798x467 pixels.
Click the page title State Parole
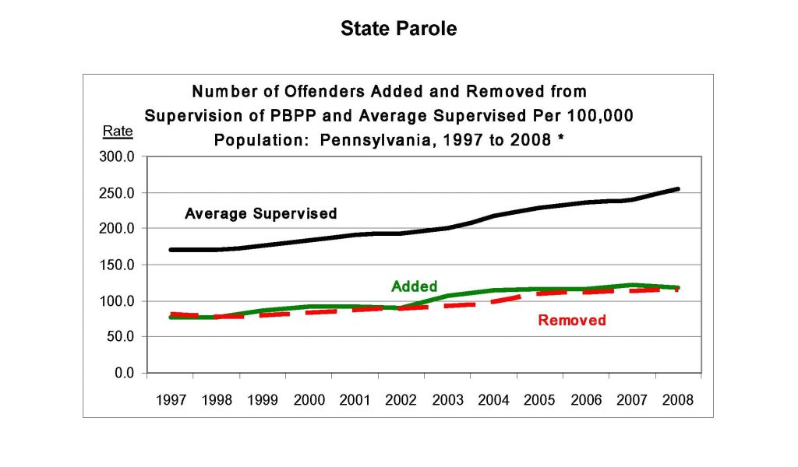coord(398,29)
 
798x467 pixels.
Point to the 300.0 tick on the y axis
coord(119,156)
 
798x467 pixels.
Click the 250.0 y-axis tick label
coord(119,193)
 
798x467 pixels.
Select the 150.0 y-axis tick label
coord(119,265)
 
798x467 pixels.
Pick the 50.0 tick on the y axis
coord(122,337)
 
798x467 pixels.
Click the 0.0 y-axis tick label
coord(125,374)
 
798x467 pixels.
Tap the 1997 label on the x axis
coord(171,400)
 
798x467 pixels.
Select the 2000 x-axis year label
coord(309,400)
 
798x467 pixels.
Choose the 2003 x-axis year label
coord(447,400)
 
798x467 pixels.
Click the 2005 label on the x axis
coord(539,400)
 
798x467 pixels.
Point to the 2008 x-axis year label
coord(678,400)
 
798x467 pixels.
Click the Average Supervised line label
coord(260,213)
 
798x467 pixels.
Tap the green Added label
coord(414,286)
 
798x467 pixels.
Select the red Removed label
coord(572,320)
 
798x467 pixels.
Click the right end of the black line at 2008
coord(678,189)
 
